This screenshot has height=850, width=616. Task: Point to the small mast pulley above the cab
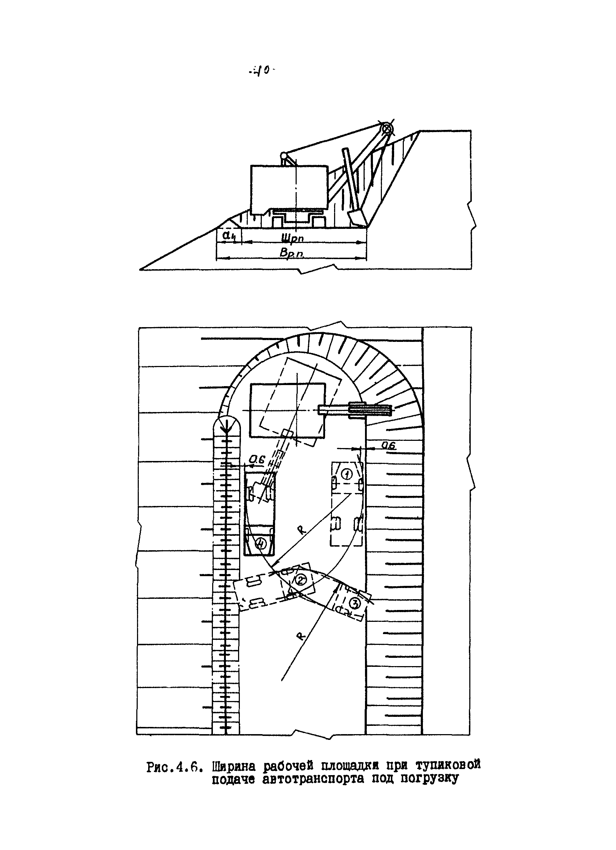click(284, 154)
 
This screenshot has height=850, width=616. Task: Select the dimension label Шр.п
click(292, 238)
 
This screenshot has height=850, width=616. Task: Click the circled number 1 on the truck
click(347, 474)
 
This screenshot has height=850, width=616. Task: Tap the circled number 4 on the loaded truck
click(261, 542)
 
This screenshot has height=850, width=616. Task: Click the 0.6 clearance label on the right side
click(389, 445)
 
